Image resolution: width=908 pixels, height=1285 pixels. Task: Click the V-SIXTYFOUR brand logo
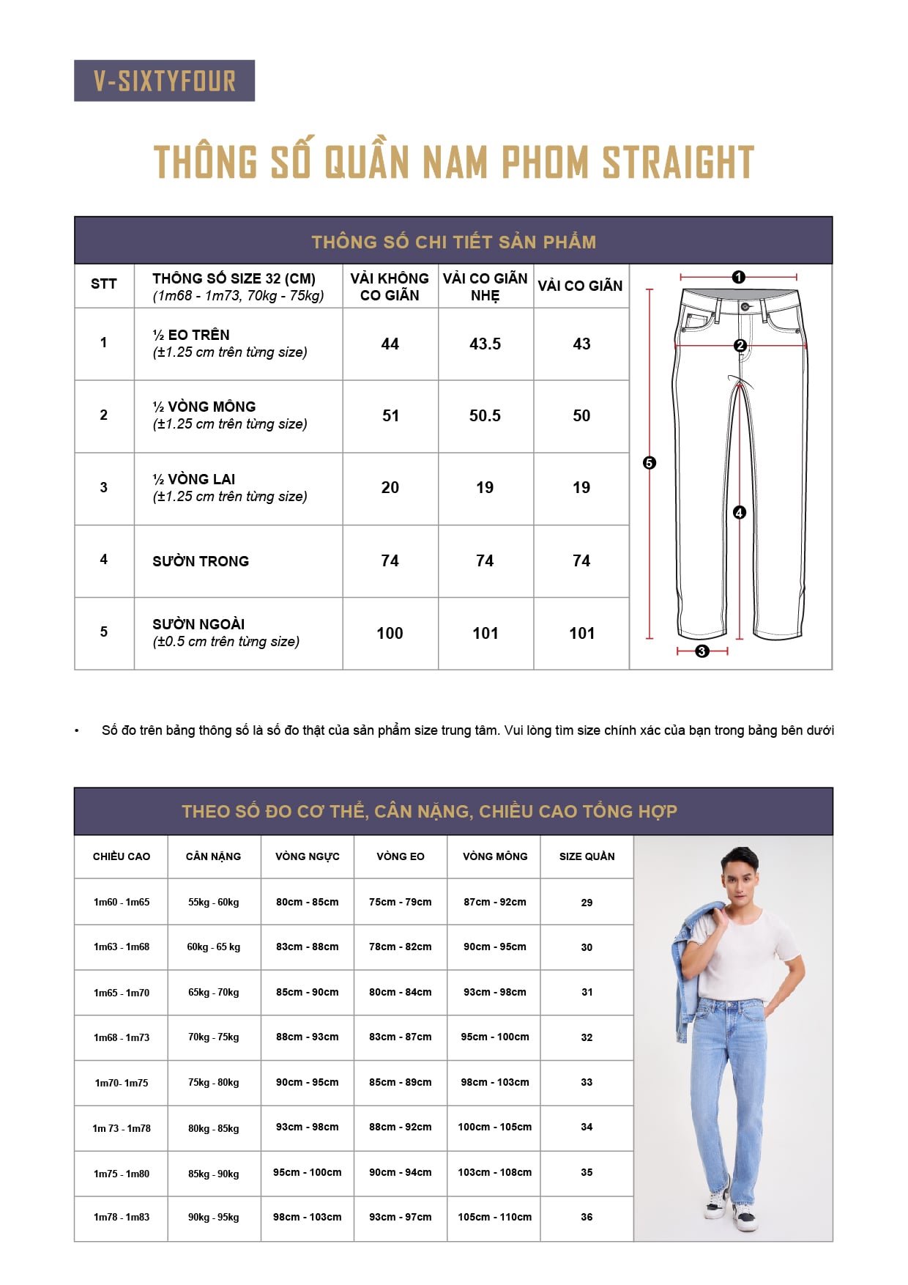[164, 81]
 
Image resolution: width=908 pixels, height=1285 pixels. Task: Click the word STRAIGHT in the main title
[677, 163]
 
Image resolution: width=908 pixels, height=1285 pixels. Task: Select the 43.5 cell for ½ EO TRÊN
[485, 344]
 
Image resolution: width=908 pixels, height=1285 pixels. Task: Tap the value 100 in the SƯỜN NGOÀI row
[390, 633]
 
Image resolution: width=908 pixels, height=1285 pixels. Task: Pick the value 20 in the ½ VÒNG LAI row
[390, 487]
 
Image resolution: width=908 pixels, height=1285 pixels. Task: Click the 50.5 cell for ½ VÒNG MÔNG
[485, 415]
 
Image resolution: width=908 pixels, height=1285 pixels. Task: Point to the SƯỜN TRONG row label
[201, 561]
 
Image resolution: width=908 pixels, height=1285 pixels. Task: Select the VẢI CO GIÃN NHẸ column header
[485, 286]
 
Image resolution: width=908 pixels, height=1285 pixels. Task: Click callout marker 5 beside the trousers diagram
[649, 462]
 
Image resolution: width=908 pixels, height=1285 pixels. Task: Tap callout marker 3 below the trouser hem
[702, 651]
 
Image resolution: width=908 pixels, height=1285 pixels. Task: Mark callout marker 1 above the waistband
[738, 277]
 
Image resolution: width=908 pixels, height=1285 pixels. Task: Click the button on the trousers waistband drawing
[745, 306]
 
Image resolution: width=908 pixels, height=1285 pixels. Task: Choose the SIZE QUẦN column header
[587, 856]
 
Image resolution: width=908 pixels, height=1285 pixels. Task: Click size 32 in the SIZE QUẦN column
[587, 1037]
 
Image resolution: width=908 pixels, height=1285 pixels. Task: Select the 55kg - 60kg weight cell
[213, 902]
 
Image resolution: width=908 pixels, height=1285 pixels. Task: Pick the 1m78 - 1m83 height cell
[122, 1217]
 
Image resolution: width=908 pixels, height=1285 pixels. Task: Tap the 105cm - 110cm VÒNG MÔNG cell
[494, 1217]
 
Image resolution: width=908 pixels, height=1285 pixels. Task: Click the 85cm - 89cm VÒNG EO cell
[400, 1082]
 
